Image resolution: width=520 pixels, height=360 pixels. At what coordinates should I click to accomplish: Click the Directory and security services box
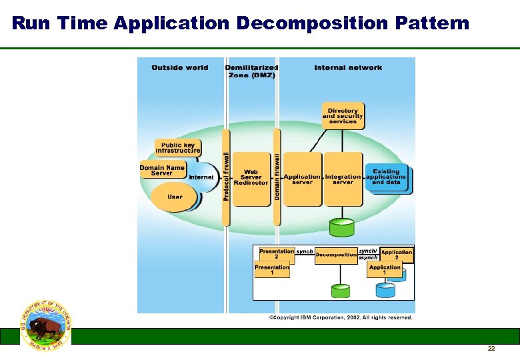(x=343, y=115)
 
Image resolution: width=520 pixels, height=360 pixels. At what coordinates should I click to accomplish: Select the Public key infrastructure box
(x=178, y=147)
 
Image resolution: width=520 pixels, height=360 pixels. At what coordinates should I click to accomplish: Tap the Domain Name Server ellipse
(x=162, y=171)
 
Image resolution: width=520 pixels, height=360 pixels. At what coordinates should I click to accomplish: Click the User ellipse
(x=175, y=197)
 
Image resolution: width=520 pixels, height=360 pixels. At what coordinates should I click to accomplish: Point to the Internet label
(x=201, y=177)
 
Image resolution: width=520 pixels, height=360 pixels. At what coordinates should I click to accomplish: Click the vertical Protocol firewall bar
(x=227, y=177)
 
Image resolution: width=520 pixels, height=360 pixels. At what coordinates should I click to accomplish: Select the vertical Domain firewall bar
(x=277, y=177)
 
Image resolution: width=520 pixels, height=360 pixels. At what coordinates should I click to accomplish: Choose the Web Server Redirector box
(x=251, y=179)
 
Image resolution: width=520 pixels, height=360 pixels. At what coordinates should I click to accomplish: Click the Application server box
(x=303, y=179)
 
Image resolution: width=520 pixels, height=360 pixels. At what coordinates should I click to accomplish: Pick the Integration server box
(x=343, y=179)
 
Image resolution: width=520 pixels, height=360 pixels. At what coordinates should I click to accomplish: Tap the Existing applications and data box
(x=387, y=177)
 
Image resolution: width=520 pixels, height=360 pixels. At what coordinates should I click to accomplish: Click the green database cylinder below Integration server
(x=343, y=227)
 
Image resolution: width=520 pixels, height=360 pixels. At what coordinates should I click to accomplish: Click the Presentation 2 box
(x=276, y=253)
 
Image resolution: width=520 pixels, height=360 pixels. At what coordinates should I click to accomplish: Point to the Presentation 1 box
(x=272, y=270)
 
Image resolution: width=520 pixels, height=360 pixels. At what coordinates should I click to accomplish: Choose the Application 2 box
(x=397, y=255)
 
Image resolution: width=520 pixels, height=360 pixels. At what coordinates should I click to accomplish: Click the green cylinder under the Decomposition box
(x=340, y=291)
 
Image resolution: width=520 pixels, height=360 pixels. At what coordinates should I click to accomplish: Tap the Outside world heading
(x=180, y=67)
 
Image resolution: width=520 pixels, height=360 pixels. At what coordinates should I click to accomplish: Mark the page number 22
(x=491, y=349)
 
